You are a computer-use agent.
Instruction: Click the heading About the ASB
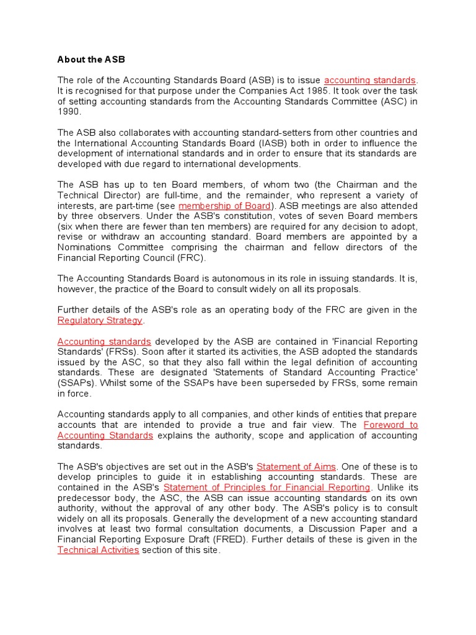click(x=91, y=60)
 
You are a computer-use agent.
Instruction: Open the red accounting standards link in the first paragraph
click(x=370, y=80)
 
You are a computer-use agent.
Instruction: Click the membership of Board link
click(x=224, y=206)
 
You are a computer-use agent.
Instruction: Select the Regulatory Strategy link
click(x=100, y=321)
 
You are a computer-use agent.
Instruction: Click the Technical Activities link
click(x=98, y=550)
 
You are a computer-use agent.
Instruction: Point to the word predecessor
click(x=84, y=498)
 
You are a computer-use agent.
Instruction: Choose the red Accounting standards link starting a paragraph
click(x=104, y=342)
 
